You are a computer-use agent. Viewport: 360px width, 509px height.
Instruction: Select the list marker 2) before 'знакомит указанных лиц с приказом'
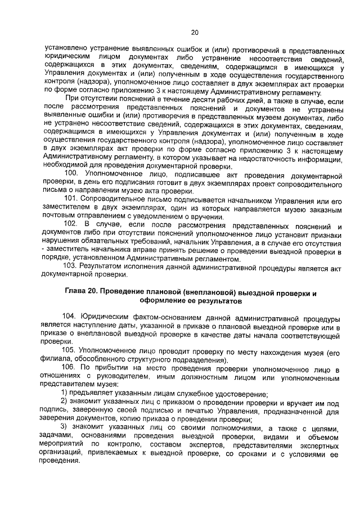[65, 403]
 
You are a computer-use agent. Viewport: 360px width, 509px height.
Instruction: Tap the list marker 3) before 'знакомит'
[65, 429]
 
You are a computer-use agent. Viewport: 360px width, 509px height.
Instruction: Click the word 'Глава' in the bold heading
[78, 294]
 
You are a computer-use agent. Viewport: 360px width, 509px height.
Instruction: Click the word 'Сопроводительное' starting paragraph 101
[114, 199]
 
